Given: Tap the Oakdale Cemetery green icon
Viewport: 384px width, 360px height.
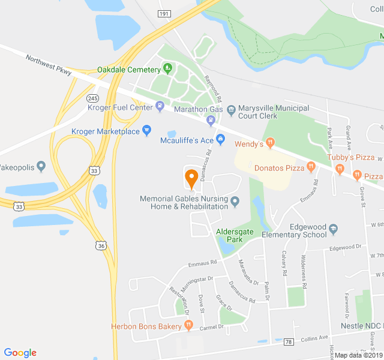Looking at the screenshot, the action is pyautogui.click(x=167, y=69).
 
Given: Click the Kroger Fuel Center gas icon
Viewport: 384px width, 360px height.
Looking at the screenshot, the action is pyautogui.click(x=160, y=107).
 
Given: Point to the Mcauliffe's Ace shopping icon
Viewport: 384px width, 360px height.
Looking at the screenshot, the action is pyautogui.click(x=220, y=140).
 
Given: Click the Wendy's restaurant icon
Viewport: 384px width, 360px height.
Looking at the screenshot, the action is pyautogui.click(x=271, y=143).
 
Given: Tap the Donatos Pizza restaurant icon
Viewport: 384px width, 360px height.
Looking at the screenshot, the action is pyautogui.click(x=311, y=167).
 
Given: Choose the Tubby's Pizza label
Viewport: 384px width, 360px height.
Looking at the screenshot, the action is pyautogui.click(x=351, y=157).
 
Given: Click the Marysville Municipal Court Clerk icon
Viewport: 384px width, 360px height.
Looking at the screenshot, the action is pyautogui.click(x=231, y=109).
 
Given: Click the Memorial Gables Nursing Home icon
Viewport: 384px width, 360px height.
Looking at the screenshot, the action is pyautogui.click(x=235, y=202).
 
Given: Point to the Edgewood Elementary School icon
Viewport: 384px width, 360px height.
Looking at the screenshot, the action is pyautogui.click(x=333, y=228).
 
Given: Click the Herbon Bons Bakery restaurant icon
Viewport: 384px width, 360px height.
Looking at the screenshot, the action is pyautogui.click(x=188, y=326).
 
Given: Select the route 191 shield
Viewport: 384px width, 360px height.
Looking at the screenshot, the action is pyautogui.click(x=164, y=13).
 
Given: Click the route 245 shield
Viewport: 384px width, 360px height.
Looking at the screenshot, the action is pyautogui.click(x=92, y=98).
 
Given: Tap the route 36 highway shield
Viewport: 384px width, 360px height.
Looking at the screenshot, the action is pyautogui.click(x=100, y=245).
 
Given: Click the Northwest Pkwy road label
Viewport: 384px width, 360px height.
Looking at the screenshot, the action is pyautogui.click(x=49, y=65).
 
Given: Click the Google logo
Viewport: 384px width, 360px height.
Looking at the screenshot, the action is pyautogui.click(x=20, y=353).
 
